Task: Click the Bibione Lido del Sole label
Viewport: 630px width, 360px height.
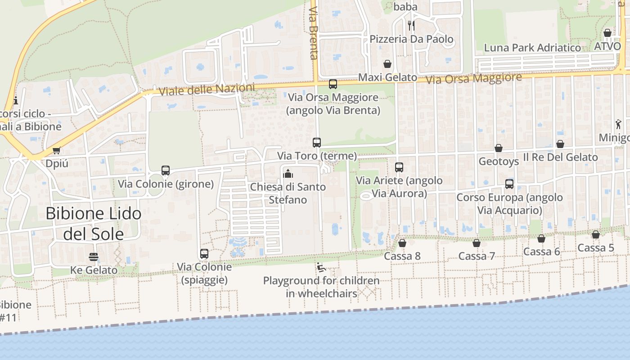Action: [94, 224]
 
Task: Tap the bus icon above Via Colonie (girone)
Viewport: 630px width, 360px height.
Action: [166, 171]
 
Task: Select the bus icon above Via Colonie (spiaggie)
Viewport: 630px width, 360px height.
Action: [204, 254]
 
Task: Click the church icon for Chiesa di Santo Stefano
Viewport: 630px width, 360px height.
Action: [288, 173]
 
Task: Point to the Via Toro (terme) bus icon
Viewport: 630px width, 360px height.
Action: [317, 143]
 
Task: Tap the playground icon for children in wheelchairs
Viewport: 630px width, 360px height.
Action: [321, 267]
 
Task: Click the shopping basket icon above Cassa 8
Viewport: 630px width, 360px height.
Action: [402, 243]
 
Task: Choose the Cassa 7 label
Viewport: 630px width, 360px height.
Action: [477, 256]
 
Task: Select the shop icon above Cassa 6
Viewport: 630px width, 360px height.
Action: [541, 238]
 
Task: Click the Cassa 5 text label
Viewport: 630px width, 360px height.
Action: [596, 247]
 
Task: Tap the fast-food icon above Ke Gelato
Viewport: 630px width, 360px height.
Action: [94, 257]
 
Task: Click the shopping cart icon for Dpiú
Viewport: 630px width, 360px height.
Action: [57, 150]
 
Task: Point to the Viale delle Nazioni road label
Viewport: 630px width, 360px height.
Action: [207, 90]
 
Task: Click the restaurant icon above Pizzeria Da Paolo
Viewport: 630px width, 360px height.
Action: [411, 25]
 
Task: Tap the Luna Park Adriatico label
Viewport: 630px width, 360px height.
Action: [532, 48]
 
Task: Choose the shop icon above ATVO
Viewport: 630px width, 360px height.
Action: [607, 33]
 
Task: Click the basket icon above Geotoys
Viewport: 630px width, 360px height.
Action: [499, 148]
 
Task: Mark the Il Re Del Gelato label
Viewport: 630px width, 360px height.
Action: [560, 157]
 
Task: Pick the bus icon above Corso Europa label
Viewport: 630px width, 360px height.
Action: [509, 184]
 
